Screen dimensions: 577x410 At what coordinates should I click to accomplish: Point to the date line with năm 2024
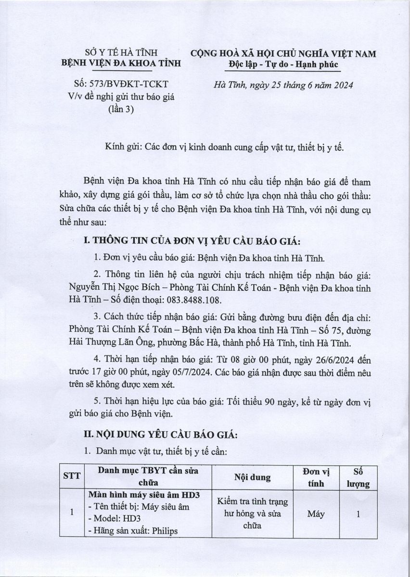[x=284, y=85]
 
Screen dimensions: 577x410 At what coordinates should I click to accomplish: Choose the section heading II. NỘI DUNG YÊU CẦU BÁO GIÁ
[x=161, y=435]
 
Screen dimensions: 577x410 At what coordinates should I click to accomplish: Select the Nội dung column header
[x=253, y=477]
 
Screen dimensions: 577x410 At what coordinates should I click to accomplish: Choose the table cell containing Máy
[x=316, y=514]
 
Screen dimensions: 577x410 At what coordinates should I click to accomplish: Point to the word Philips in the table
[x=161, y=531]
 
